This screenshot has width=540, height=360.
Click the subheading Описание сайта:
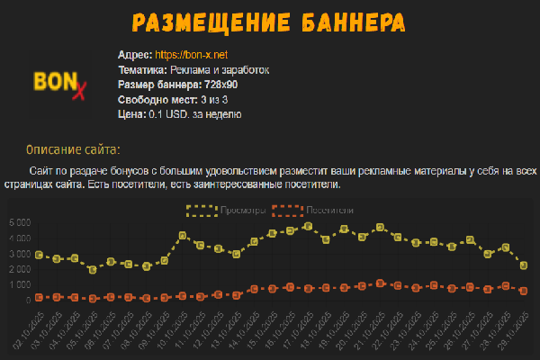pos(73,148)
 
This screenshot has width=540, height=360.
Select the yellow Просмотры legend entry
pos(225,211)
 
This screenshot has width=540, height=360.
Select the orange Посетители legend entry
pos(311,211)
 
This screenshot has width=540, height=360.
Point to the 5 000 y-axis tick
pos(20,222)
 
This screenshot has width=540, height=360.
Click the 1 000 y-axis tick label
pos(20,284)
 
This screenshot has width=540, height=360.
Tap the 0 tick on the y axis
pos(29,300)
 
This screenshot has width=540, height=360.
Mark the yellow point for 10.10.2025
pos(183,236)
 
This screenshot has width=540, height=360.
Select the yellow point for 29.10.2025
pos(523,265)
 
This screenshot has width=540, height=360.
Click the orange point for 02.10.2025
pos(39,297)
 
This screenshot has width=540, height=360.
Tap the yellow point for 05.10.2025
pos(93,269)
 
